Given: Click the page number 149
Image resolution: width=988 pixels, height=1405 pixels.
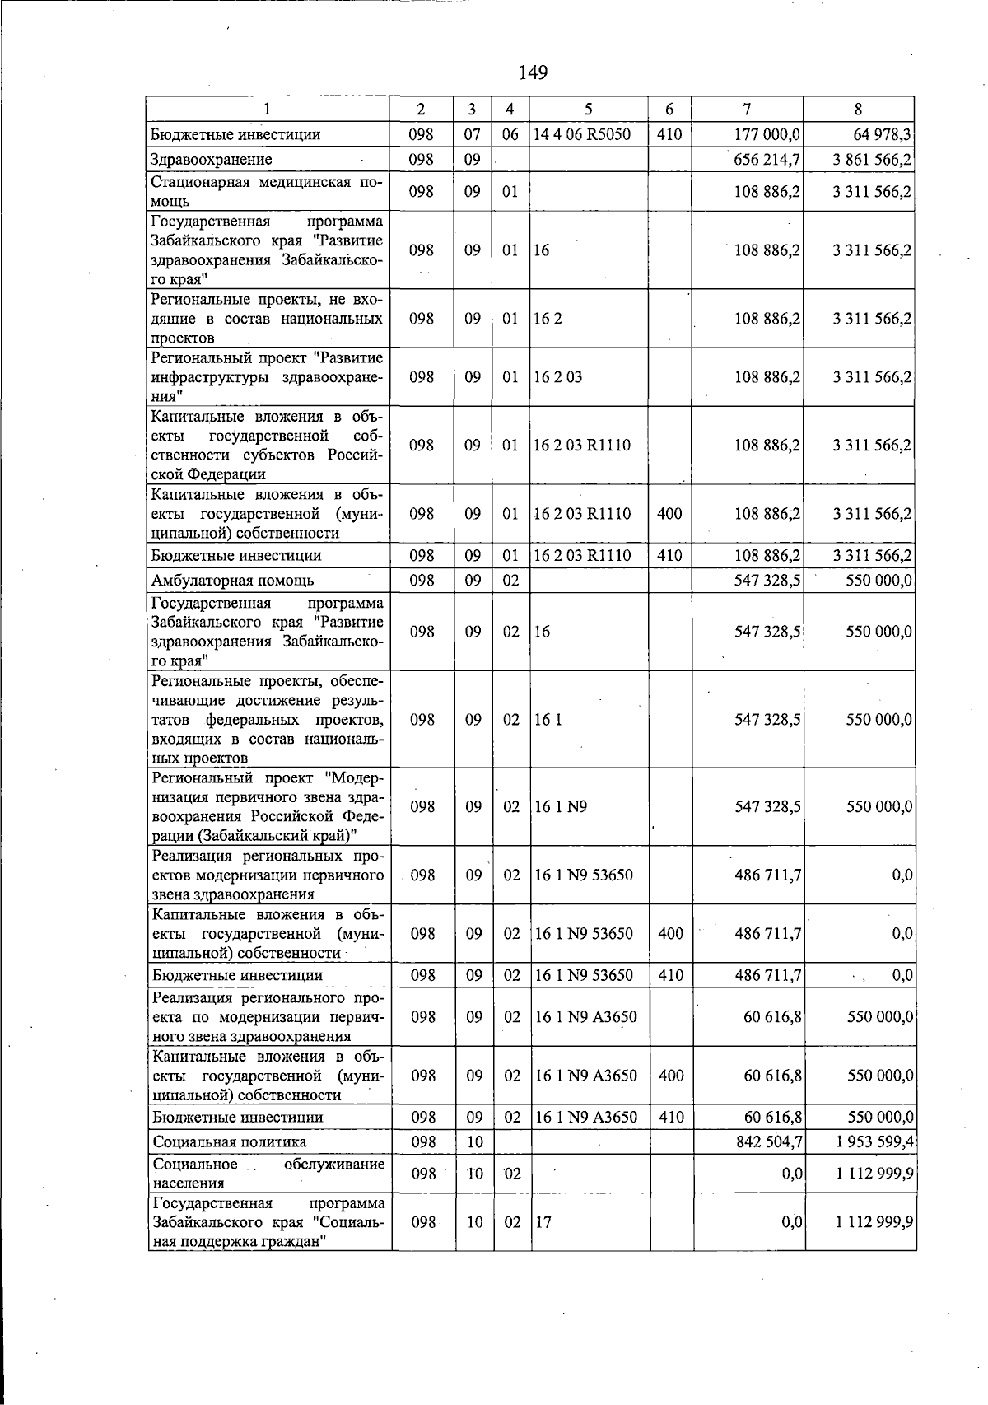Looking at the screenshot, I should tap(533, 72).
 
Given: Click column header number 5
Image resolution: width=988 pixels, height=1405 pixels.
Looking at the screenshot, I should tap(588, 109).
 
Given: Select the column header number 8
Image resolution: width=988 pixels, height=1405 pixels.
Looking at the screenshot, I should tap(858, 109).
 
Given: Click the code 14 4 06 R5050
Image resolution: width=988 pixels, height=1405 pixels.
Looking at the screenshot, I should tap(582, 134).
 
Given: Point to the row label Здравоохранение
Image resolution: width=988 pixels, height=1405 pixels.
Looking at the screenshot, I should tap(212, 159).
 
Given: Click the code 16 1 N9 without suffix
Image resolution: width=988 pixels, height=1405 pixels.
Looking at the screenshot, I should tap(561, 806).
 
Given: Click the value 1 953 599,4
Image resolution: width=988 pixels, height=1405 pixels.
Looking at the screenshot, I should tap(872, 1141).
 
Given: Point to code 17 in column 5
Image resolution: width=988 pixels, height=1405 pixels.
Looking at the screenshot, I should tap(543, 1222).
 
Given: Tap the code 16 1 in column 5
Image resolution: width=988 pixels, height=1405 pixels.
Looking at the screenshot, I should tap(548, 719).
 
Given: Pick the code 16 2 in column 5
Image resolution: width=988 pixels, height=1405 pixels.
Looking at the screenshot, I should tap(548, 318).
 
